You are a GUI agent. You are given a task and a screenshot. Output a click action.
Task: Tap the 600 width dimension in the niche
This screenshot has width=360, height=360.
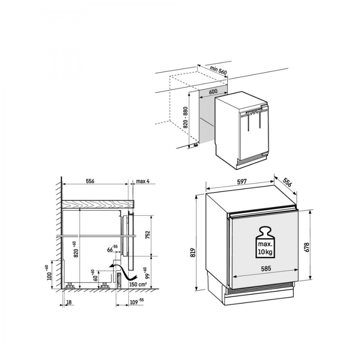pyautogui.click(x=213, y=91)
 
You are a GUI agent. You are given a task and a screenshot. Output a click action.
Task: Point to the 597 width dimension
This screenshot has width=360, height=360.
pyautogui.click(x=242, y=181)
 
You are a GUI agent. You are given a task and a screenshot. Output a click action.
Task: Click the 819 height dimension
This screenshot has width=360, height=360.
pyautogui.click(x=193, y=253)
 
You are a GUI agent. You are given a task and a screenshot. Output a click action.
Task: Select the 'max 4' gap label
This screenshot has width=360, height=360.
pyautogui.click(x=143, y=181)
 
